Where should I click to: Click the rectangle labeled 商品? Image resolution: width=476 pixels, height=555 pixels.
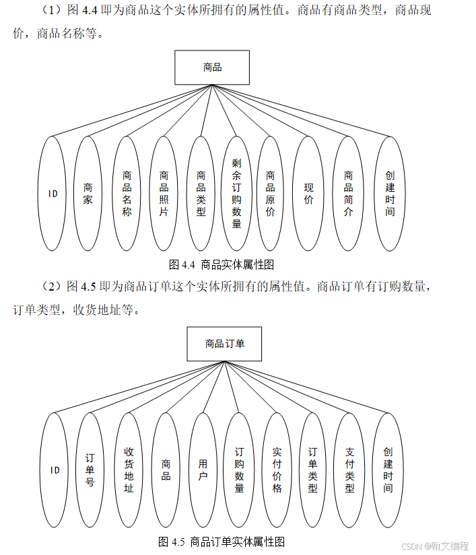tap(212, 67)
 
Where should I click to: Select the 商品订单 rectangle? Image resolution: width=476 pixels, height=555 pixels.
tap(225, 344)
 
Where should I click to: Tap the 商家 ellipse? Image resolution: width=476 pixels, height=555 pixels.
tap(88, 194)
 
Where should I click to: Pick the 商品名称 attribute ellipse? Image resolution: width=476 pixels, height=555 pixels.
tap(127, 194)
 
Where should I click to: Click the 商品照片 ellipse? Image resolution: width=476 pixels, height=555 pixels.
tap(164, 194)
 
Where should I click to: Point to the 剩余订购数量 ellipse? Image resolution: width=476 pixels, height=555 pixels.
tap(236, 194)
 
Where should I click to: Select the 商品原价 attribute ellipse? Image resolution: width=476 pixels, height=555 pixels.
tap(271, 194)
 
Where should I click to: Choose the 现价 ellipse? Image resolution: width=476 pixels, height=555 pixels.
tap(308, 194)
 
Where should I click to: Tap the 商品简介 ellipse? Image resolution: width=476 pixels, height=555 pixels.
tap(348, 194)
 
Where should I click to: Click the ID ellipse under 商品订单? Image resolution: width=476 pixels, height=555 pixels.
tap(55, 470)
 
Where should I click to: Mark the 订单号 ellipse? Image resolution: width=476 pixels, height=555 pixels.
tap(90, 470)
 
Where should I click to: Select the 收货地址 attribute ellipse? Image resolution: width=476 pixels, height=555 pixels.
tap(129, 470)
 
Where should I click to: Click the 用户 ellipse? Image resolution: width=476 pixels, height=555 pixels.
tap(203, 470)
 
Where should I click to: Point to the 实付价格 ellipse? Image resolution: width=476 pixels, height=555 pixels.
tap(277, 470)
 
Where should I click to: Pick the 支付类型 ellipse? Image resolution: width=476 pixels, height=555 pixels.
tap(349, 470)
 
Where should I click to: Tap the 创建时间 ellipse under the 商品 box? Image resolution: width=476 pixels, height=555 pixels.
tap(390, 194)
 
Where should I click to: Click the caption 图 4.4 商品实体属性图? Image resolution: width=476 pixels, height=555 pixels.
tap(221, 264)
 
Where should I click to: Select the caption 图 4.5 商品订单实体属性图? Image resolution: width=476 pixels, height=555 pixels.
tap(222, 541)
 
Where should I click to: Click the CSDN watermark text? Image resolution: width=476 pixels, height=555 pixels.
tap(434, 546)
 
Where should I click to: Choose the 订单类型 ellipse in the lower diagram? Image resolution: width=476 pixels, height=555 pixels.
tap(312, 470)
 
